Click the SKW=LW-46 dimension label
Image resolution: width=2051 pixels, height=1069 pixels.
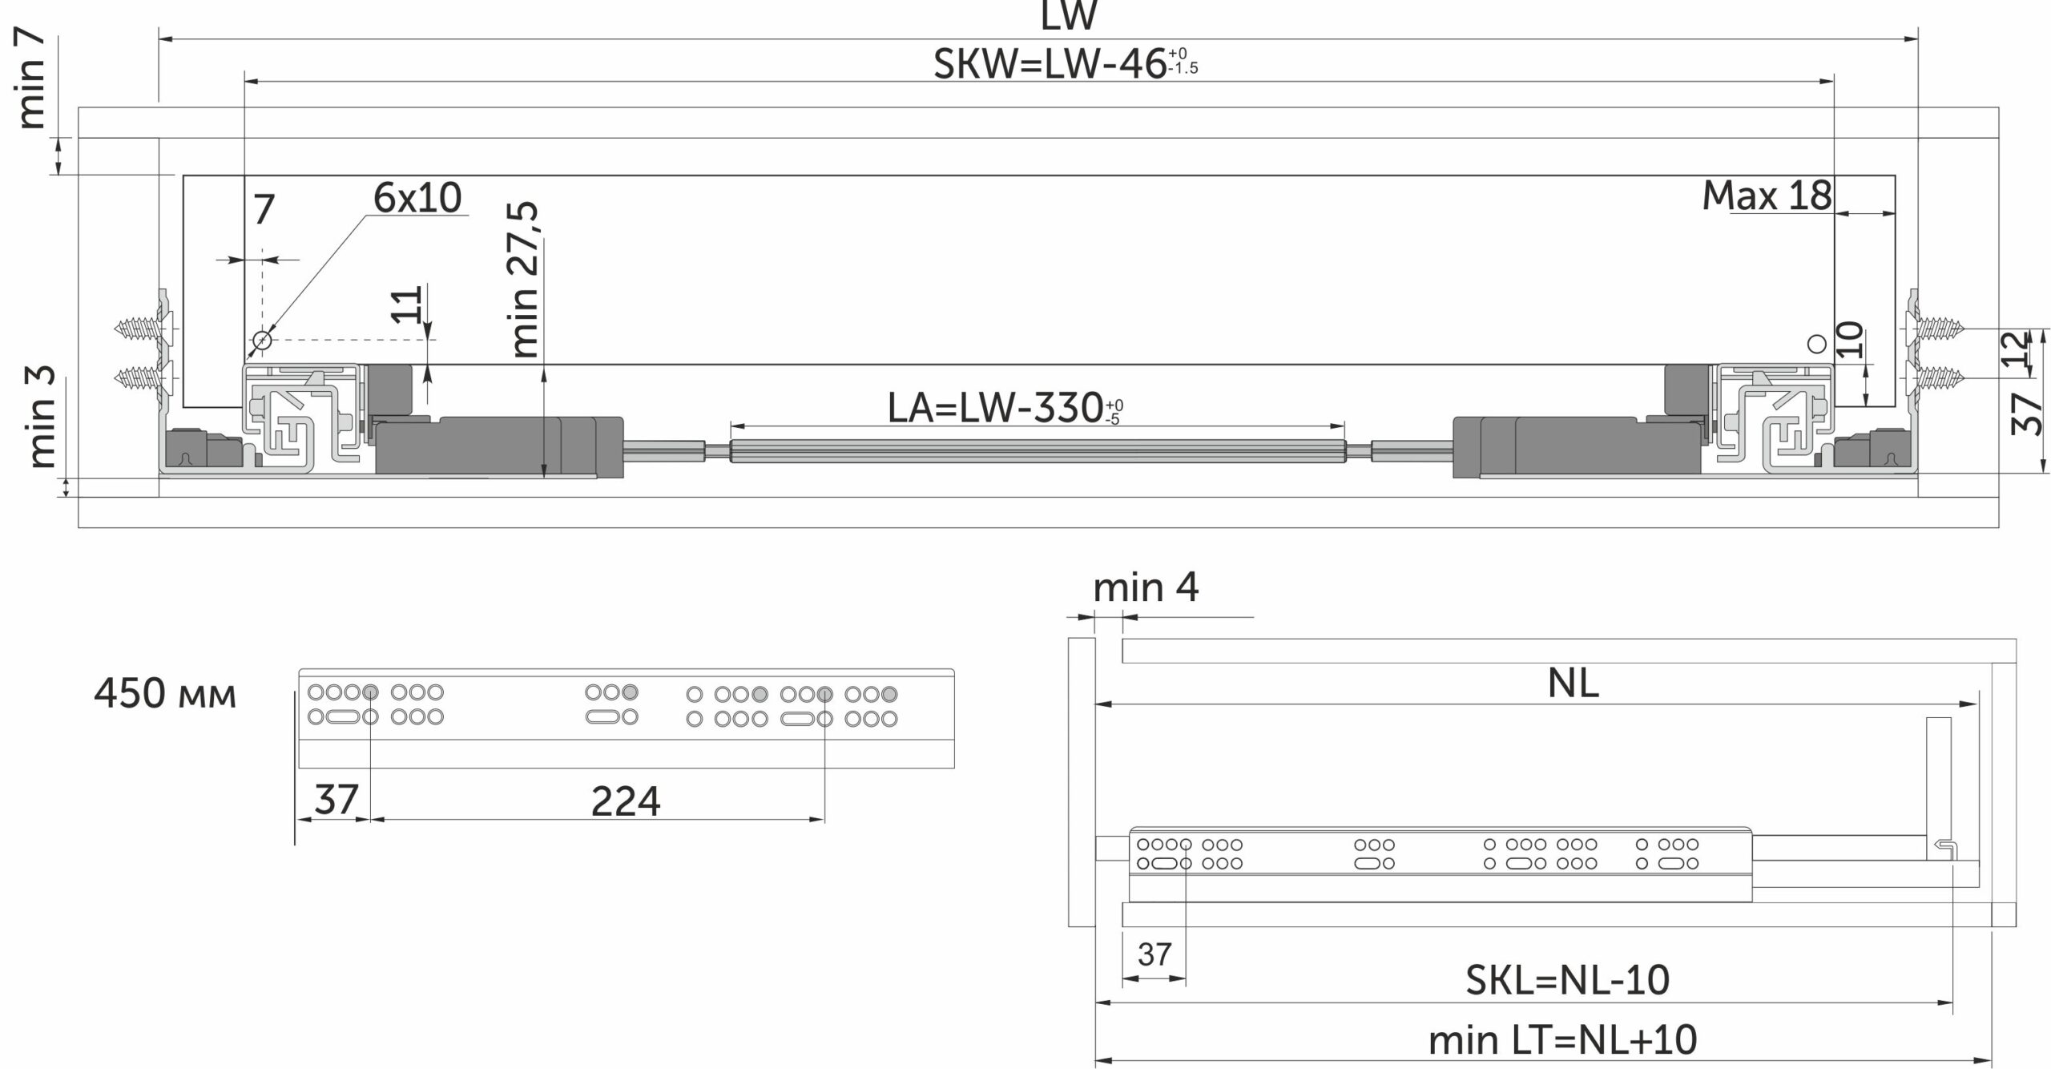[1066, 63]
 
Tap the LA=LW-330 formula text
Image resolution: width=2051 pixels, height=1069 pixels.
[1005, 408]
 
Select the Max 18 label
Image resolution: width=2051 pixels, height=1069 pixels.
[1767, 196]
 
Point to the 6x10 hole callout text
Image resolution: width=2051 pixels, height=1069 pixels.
[417, 197]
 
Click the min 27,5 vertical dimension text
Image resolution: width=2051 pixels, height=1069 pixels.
[525, 280]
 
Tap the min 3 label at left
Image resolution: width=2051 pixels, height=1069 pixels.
[42, 417]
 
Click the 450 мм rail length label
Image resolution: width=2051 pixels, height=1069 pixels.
[165, 693]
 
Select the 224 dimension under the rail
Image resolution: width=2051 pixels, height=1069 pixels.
[626, 801]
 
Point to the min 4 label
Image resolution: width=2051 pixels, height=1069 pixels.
[1146, 587]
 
